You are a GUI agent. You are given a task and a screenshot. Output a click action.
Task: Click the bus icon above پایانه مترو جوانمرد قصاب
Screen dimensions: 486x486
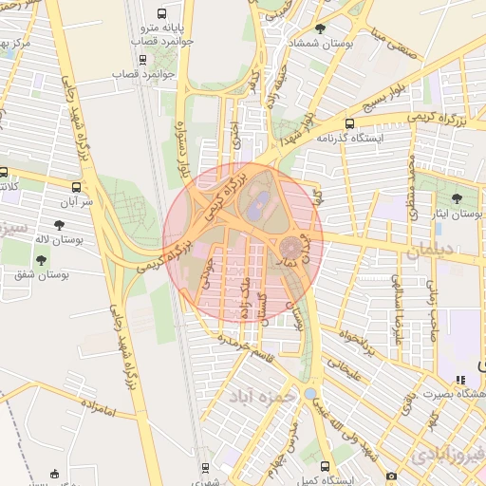coord(161,14)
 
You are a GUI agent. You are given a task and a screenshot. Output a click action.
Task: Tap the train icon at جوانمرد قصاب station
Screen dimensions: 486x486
coord(142,58)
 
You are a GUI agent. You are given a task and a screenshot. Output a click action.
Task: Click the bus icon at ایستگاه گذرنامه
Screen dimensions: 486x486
coord(349,123)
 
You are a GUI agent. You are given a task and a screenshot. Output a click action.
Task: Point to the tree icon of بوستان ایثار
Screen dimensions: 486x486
coord(457,198)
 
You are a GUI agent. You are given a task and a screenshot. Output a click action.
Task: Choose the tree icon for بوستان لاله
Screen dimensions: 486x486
coord(60,224)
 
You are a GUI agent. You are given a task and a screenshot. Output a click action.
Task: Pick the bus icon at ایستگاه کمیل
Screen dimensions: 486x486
coord(326,466)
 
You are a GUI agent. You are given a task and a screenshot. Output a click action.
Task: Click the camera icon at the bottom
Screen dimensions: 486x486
coord(390,476)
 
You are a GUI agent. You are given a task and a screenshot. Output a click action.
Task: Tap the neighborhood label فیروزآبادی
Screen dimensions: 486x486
coord(446,454)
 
